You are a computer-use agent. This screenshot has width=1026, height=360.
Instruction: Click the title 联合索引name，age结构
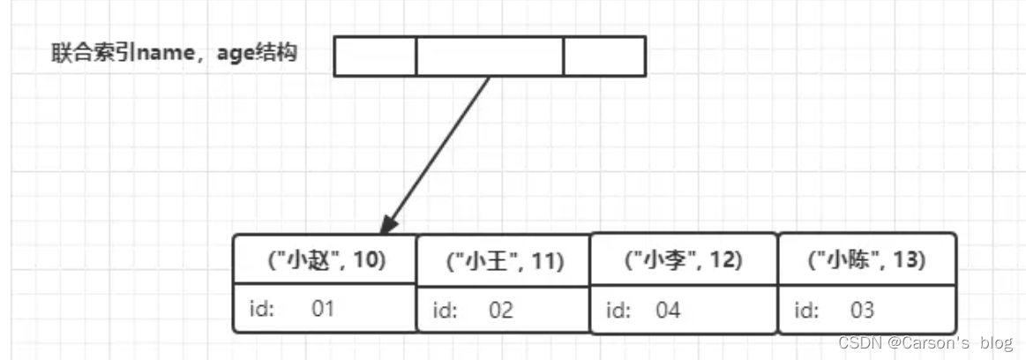(x=174, y=54)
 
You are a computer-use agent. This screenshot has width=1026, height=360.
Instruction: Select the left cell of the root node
(x=375, y=56)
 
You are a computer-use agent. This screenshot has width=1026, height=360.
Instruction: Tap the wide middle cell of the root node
(x=490, y=56)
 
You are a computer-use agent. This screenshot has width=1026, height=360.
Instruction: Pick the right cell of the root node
(x=604, y=56)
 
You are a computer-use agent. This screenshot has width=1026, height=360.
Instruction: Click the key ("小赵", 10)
(x=326, y=259)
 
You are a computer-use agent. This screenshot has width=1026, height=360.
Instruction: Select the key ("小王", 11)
(x=505, y=261)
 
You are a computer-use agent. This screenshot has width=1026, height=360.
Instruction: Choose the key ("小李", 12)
(x=683, y=259)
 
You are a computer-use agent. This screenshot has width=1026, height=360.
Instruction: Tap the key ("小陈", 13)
(x=866, y=259)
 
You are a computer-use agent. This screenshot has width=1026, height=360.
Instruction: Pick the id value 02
(x=501, y=311)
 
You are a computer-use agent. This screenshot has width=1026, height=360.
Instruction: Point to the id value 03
(x=861, y=311)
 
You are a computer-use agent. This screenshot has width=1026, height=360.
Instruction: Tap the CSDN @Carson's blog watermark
(x=925, y=342)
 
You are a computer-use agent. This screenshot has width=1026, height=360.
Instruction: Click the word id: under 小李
(x=618, y=311)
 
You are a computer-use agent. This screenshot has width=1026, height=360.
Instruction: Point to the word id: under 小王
(x=444, y=311)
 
